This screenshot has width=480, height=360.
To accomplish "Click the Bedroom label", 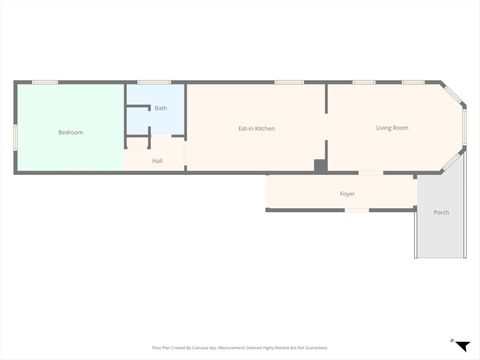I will (70, 132).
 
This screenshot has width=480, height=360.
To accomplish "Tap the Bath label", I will (161, 107).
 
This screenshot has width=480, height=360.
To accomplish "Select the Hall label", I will (157, 160).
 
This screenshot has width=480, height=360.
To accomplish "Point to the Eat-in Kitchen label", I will (256, 128).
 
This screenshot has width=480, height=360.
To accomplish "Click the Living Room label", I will (392, 127).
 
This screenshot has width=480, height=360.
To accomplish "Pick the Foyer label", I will (347, 193).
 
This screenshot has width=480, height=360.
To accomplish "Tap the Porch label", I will (441, 212).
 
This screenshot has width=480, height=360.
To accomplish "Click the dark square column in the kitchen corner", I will (319, 165).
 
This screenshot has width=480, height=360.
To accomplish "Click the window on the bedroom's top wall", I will (45, 82).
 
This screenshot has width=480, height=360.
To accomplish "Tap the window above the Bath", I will (154, 82).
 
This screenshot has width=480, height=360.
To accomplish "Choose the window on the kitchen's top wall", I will (289, 82).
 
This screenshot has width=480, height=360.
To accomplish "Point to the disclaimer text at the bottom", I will (240, 347).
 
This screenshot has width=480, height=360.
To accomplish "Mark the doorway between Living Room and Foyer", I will (370, 173).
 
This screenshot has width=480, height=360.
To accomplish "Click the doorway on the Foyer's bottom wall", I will (355, 210).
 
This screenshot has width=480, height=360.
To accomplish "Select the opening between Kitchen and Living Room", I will (327, 128).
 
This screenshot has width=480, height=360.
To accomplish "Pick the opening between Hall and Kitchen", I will (186, 157).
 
